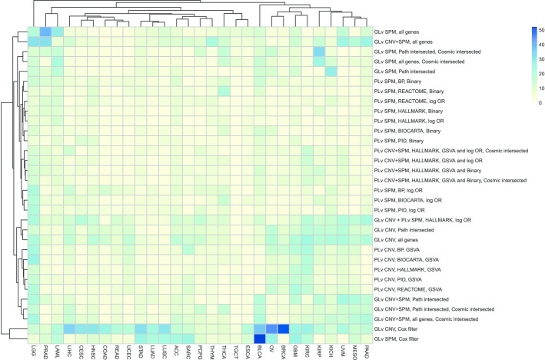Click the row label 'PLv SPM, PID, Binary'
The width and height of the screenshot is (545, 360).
point(400,141)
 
